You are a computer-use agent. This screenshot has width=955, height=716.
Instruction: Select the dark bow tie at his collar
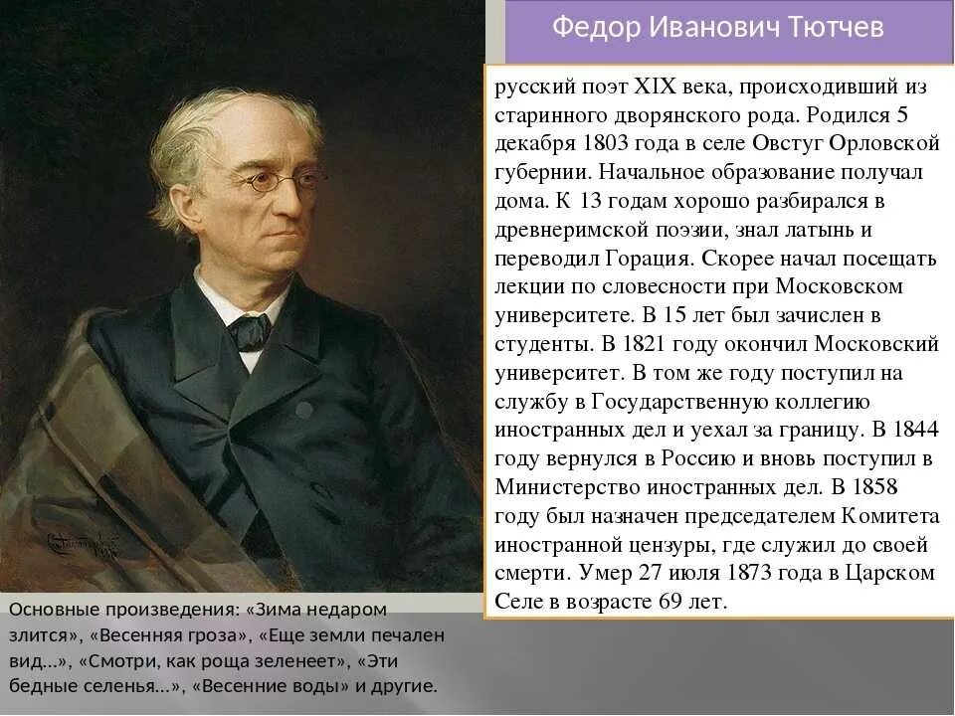[249, 330]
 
